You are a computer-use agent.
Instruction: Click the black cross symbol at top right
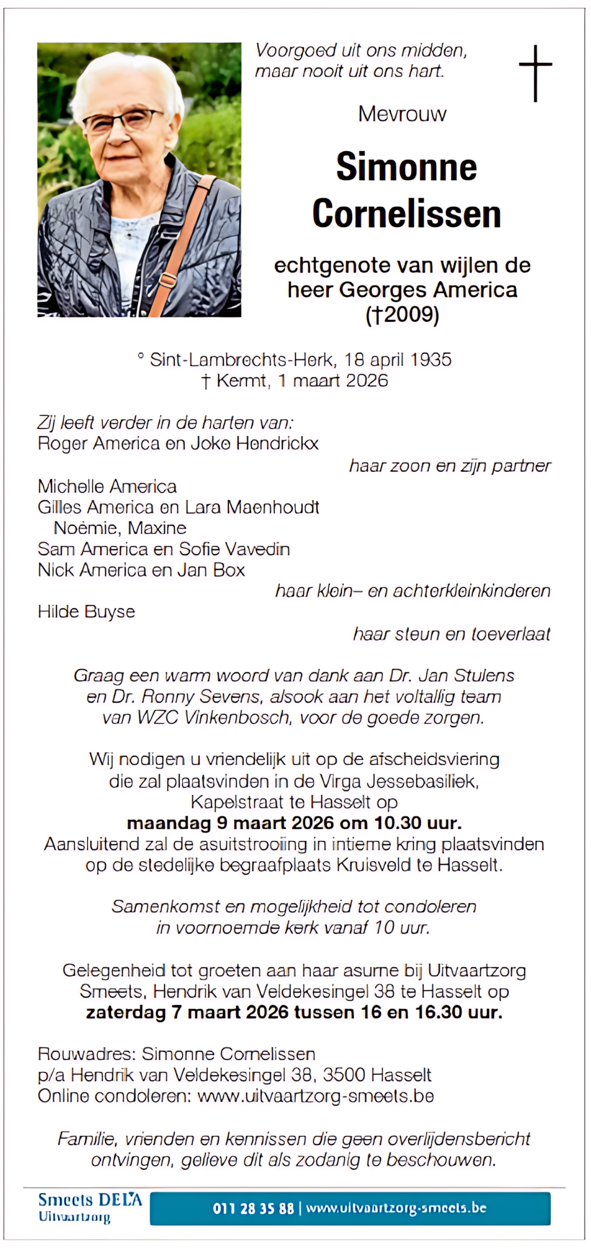pyautogui.click(x=535, y=73)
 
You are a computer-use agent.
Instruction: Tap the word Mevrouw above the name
pyautogui.click(x=402, y=114)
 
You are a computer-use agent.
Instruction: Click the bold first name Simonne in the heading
pyautogui.click(x=407, y=167)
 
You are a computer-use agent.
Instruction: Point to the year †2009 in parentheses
pyautogui.click(x=403, y=315)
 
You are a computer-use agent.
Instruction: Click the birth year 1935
pyautogui.click(x=431, y=359)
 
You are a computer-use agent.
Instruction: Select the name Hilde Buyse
pyautogui.click(x=86, y=612)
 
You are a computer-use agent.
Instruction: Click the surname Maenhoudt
pyautogui.click(x=273, y=507)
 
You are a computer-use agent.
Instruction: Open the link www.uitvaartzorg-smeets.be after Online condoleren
pyautogui.click(x=315, y=1096)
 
